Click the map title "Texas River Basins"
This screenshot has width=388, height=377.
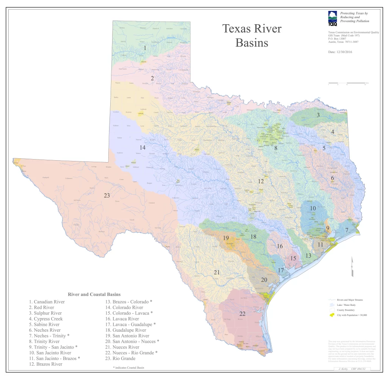[252, 36]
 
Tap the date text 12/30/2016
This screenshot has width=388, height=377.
[340, 52]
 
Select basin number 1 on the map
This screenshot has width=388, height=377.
[145, 48]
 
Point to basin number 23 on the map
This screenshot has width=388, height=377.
[107, 196]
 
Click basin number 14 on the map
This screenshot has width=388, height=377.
[142, 147]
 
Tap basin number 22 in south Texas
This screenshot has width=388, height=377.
[243, 314]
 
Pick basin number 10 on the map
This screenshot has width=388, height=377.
[313, 208]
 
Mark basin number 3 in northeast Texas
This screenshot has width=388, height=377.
[318, 115]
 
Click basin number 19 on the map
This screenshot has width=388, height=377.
[226, 238]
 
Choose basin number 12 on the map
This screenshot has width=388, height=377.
[261, 181]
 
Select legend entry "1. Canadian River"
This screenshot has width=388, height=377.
[47, 302]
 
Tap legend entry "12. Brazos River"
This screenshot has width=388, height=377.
[45, 364]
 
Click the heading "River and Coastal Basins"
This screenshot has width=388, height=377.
[94, 294]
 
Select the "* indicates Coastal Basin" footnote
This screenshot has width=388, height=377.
[128, 368]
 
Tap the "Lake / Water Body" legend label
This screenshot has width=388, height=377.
[346, 305]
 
